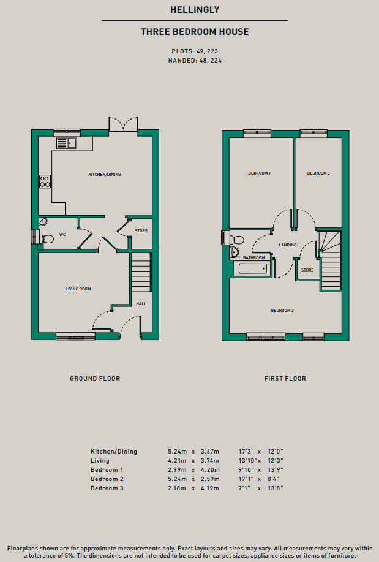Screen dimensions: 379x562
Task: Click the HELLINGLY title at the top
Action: (x=195, y=10)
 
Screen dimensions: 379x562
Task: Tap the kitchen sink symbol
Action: (x=67, y=143)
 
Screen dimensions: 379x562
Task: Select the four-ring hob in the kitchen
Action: (x=45, y=181)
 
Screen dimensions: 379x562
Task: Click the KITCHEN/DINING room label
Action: (x=105, y=175)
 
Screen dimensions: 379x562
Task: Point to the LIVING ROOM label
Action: (x=78, y=289)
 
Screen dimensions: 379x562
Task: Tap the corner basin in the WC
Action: (x=43, y=222)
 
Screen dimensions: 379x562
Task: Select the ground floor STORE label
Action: (x=141, y=231)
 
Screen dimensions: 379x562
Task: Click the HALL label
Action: (x=141, y=303)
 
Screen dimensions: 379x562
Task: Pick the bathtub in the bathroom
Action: (x=252, y=268)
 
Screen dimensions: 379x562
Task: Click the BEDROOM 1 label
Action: (x=260, y=173)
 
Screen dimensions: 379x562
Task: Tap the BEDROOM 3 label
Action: (x=318, y=173)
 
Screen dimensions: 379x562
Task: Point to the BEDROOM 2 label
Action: (x=282, y=310)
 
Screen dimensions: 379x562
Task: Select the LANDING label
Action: (x=288, y=245)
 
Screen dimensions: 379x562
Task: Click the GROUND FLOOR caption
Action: (x=95, y=379)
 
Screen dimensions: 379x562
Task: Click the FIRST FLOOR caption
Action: (x=285, y=379)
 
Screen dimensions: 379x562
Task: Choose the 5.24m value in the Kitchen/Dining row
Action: (x=178, y=452)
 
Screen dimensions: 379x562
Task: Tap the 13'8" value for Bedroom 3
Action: (x=276, y=488)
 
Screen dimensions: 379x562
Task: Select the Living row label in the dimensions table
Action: (x=100, y=461)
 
